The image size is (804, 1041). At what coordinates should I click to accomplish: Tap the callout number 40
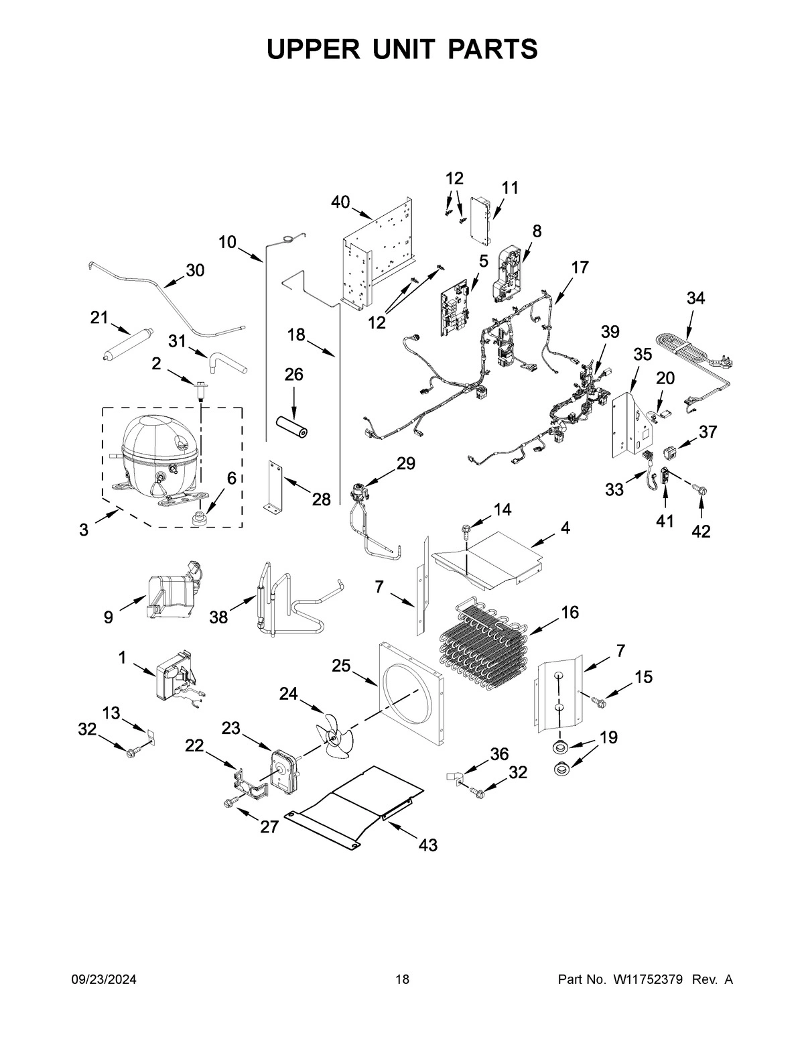click(x=340, y=201)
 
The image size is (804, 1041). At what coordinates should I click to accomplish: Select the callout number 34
click(x=695, y=298)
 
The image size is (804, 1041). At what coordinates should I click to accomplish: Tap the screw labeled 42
click(x=701, y=492)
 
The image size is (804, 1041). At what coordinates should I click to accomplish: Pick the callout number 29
click(x=405, y=463)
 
